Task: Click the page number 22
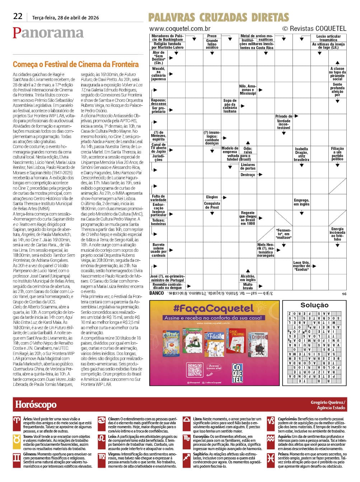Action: [x=18, y=16]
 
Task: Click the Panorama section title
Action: [x=48, y=33]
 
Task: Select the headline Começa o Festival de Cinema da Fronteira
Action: [x=76, y=65]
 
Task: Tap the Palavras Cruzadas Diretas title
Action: [x=219, y=17]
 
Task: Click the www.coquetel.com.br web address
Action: [x=180, y=29]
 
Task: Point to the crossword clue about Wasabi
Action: [x=158, y=74]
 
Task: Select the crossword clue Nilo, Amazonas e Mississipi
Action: [x=248, y=90]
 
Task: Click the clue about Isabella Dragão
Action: [x=301, y=154]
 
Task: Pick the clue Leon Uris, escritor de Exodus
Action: [x=301, y=266]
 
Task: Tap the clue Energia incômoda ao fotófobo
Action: [x=337, y=234]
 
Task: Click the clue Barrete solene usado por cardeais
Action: [x=158, y=250]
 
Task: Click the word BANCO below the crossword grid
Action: [x=156, y=293]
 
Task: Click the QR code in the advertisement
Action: [x=195, y=370]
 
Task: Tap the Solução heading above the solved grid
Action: [x=314, y=305]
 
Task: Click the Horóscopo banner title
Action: [x=36, y=405]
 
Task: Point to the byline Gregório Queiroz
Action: [x=328, y=402]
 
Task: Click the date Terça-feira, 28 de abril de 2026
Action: [x=65, y=18]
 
